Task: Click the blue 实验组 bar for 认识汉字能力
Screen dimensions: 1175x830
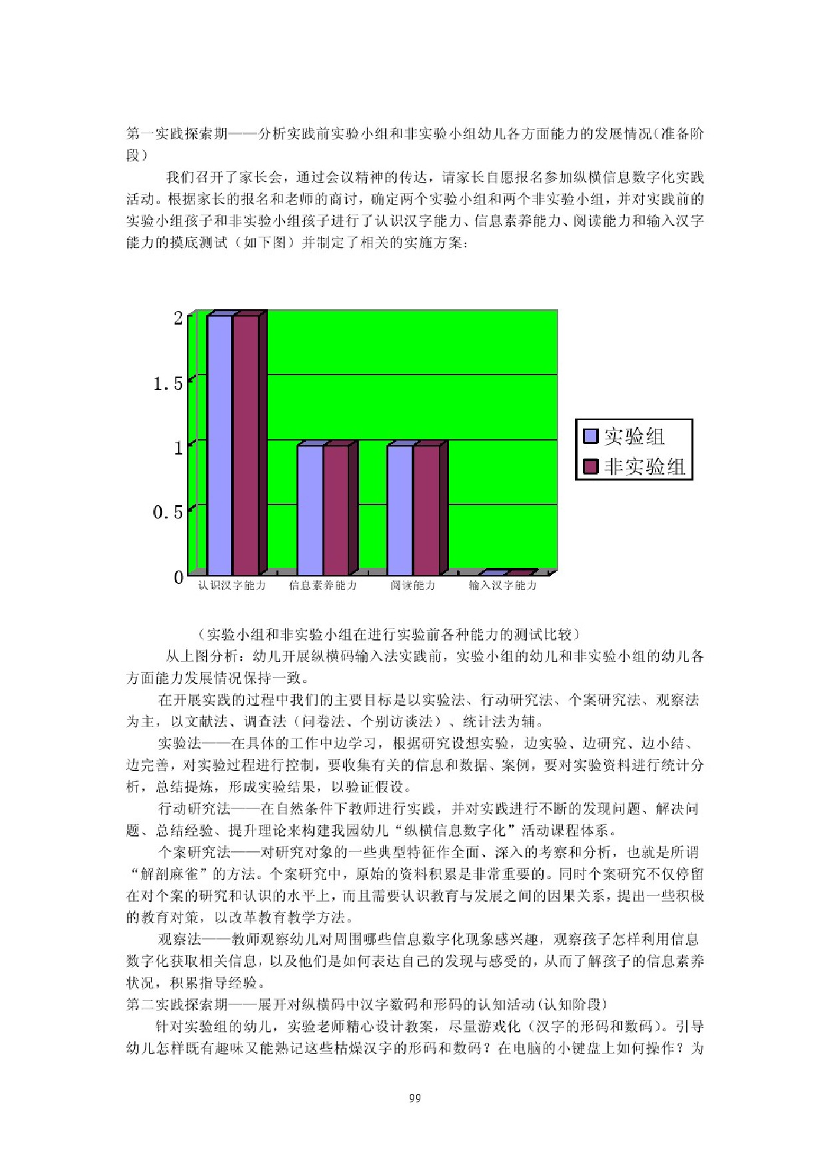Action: [219, 445]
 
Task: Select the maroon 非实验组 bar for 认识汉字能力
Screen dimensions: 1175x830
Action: [245, 445]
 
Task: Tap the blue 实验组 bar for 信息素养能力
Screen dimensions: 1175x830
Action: [310, 510]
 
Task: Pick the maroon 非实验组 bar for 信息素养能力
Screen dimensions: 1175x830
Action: [336, 510]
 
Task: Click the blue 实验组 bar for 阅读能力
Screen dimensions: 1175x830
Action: [400, 510]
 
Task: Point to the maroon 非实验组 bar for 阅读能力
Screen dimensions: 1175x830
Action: [426, 510]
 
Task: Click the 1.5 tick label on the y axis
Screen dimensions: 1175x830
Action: [168, 383]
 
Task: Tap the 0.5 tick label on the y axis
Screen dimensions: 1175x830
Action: [168, 512]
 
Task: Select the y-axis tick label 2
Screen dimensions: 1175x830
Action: [178, 318]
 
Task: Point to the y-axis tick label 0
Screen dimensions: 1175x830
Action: [179, 577]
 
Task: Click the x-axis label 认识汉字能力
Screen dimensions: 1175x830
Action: [232, 585]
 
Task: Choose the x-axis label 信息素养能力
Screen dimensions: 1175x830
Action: [322, 585]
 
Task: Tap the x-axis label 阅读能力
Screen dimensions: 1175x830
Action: [413, 585]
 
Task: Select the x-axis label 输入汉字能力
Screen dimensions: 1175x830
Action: [502, 585]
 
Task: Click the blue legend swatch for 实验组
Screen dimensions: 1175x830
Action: [590, 436]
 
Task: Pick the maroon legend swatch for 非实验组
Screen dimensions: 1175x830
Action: [590, 467]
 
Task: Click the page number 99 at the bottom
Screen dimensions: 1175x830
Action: [415, 1098]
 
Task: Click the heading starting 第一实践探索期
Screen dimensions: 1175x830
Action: [414, 134]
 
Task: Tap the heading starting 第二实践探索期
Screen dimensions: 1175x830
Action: [366, 1004]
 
